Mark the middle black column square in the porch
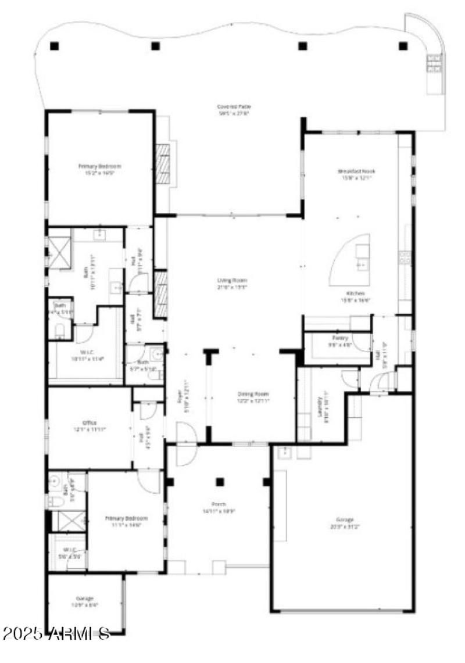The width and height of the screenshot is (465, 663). pyautogui.click(x=219, y=481)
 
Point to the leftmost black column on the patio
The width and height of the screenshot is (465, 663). pyautogui.click(x=54, y=45)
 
